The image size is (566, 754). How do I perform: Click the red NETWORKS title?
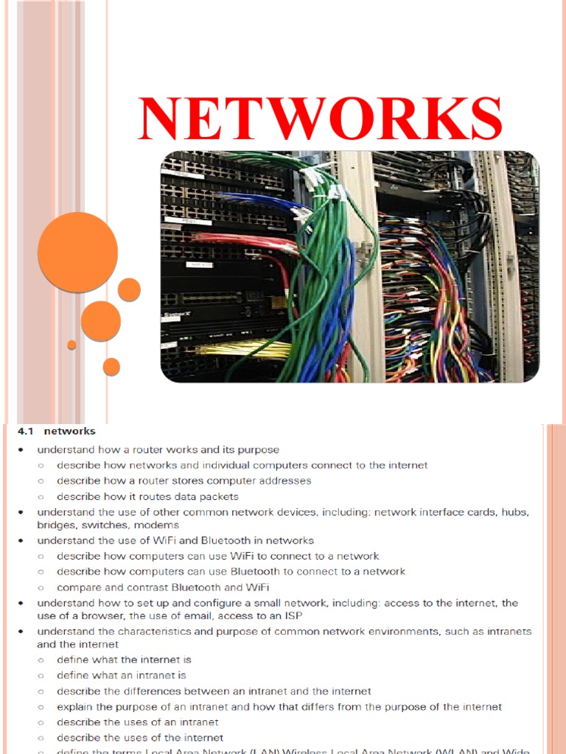tap(321, 119)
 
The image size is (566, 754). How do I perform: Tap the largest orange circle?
tap(77, 252)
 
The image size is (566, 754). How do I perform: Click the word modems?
tap(156, 525)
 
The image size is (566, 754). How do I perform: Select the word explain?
tap(75, 707)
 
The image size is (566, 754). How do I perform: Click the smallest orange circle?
tap(71, 345)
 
